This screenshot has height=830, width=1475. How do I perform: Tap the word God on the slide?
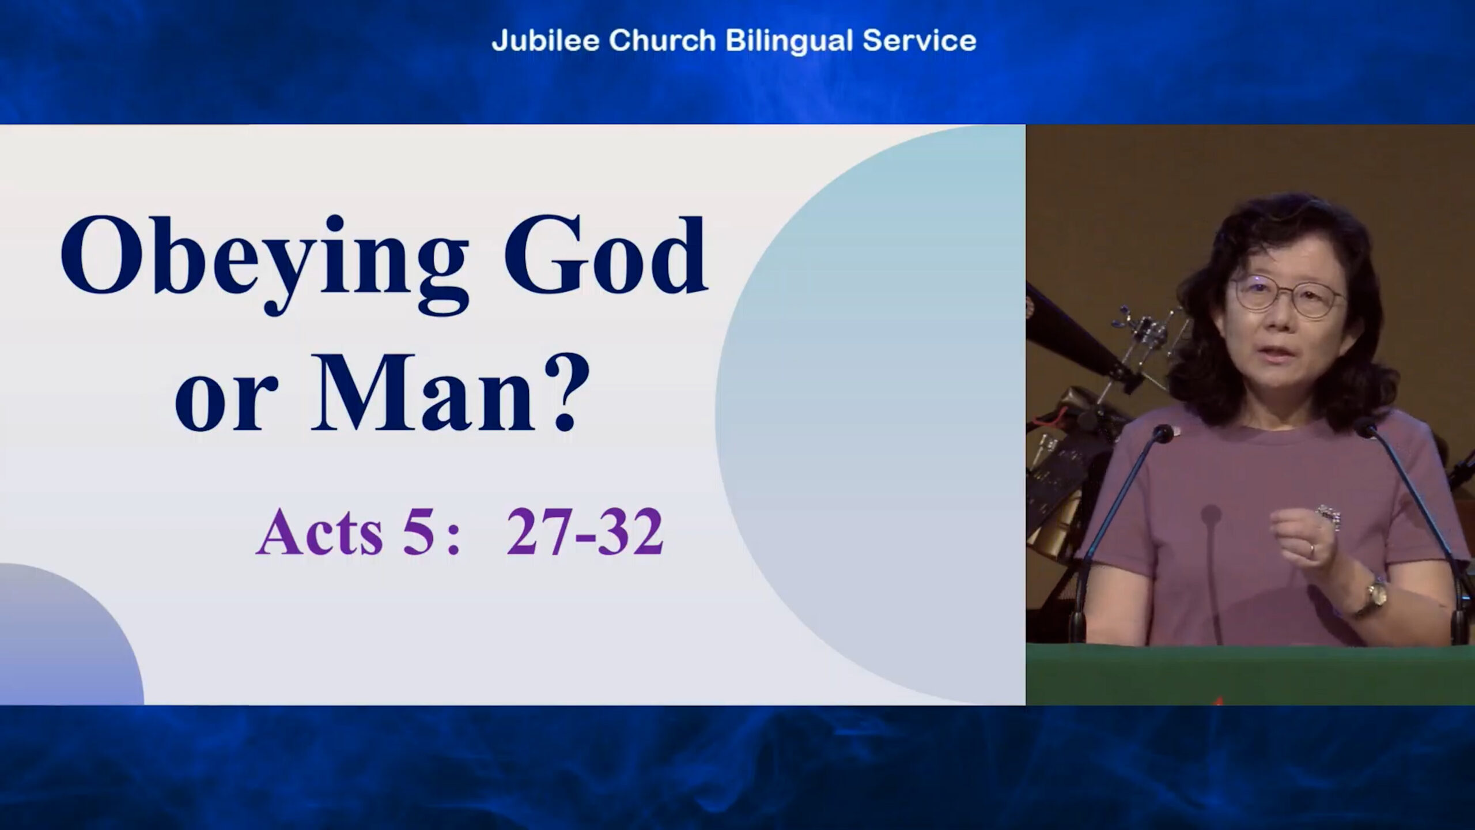[x=606, y=255]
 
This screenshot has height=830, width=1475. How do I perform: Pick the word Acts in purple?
[x=320, y=531]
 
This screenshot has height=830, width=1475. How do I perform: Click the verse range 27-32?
[x=585, y=531]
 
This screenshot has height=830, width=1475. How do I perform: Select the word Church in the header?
[x=662, y=41]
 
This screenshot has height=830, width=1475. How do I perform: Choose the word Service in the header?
[x=920, y=41]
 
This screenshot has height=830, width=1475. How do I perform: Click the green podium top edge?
[x=1250, y=649]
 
